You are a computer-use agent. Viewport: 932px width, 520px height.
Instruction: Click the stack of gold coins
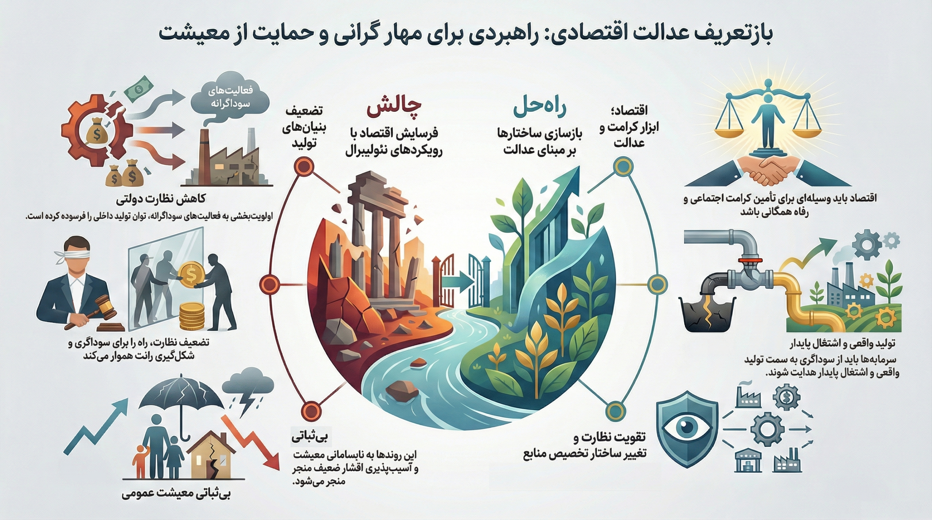tap(191, 316)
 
